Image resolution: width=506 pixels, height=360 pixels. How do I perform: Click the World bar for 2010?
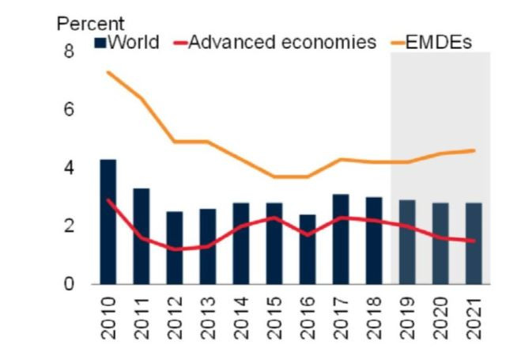pyautogui.click(x=108, y=222)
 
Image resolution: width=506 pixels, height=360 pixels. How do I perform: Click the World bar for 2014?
pyautogui.click(x=241, y=244)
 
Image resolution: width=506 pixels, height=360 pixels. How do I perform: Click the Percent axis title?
pyautogui.click(x=90, y=24)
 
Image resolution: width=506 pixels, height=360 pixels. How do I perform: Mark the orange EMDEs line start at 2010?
pyautogui.click(x=108, y=73)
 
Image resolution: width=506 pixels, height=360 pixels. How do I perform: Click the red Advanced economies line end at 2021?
pyautogui.click(x=474, y=241)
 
